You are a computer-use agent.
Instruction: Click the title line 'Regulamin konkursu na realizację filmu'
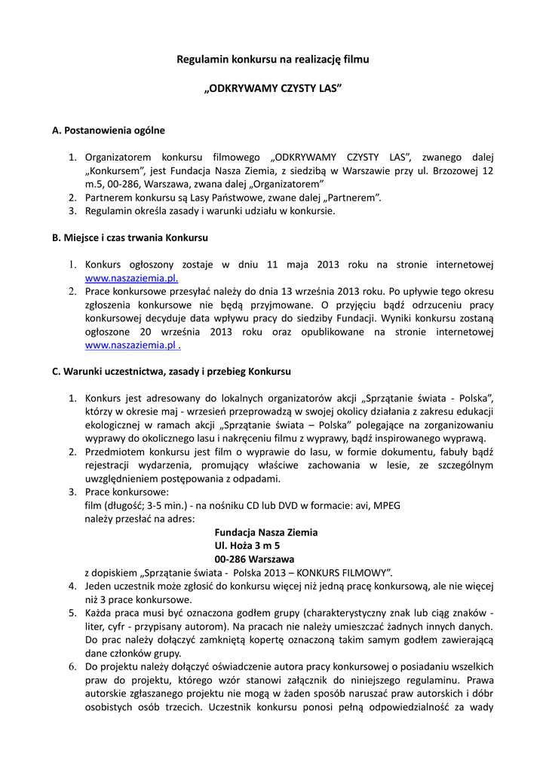coord(273,58)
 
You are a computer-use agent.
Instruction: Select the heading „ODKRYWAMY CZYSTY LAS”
coord(273,89)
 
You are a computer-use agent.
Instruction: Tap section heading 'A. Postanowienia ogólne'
coord(109,130)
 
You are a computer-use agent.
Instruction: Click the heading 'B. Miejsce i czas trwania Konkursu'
coord(130,237)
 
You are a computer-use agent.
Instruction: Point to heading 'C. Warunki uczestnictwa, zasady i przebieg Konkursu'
coord(171,372)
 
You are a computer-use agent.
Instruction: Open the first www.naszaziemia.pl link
coord(131,277)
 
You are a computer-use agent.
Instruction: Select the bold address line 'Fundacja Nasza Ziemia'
coord(266,532)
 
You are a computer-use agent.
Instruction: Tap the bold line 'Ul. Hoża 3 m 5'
coord(247,545)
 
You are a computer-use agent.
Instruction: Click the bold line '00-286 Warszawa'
coord(254,559)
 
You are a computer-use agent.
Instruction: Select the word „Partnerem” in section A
coord(350,198)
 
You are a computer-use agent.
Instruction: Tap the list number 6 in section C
coord(72,666)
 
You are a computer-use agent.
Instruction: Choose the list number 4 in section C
coord(72,586)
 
